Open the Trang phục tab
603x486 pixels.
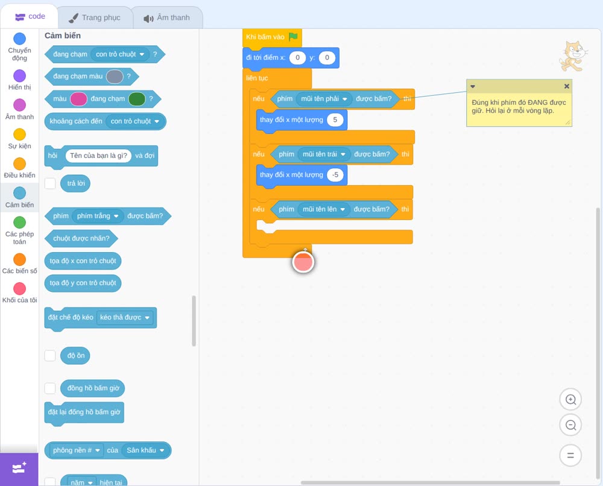[x=95, y=17]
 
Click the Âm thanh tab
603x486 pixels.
[x=167, y=17]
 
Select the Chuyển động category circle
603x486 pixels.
[x=20, y=39]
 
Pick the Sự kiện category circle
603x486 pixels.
[x=20, y=134]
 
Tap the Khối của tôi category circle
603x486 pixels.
[x=20, y=288]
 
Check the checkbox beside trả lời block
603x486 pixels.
[x=50, y=183]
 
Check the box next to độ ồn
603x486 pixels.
[x=50, y=356]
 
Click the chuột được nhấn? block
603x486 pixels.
[x=81, y=238]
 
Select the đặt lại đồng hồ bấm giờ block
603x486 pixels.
[x=84, y=412]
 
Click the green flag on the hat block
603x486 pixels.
[x=294, y=37]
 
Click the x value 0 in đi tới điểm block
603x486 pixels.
[x=297, y=58]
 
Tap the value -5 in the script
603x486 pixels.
[x=335, y=175]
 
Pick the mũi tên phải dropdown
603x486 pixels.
[x=324, y=99]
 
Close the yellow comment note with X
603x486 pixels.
[x=566, y=86]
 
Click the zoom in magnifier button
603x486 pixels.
[x=570, y=400]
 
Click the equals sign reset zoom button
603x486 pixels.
[x=570, y=456]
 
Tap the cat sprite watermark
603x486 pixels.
[x=573, y=56]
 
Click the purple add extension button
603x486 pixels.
[x=19, y=469]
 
